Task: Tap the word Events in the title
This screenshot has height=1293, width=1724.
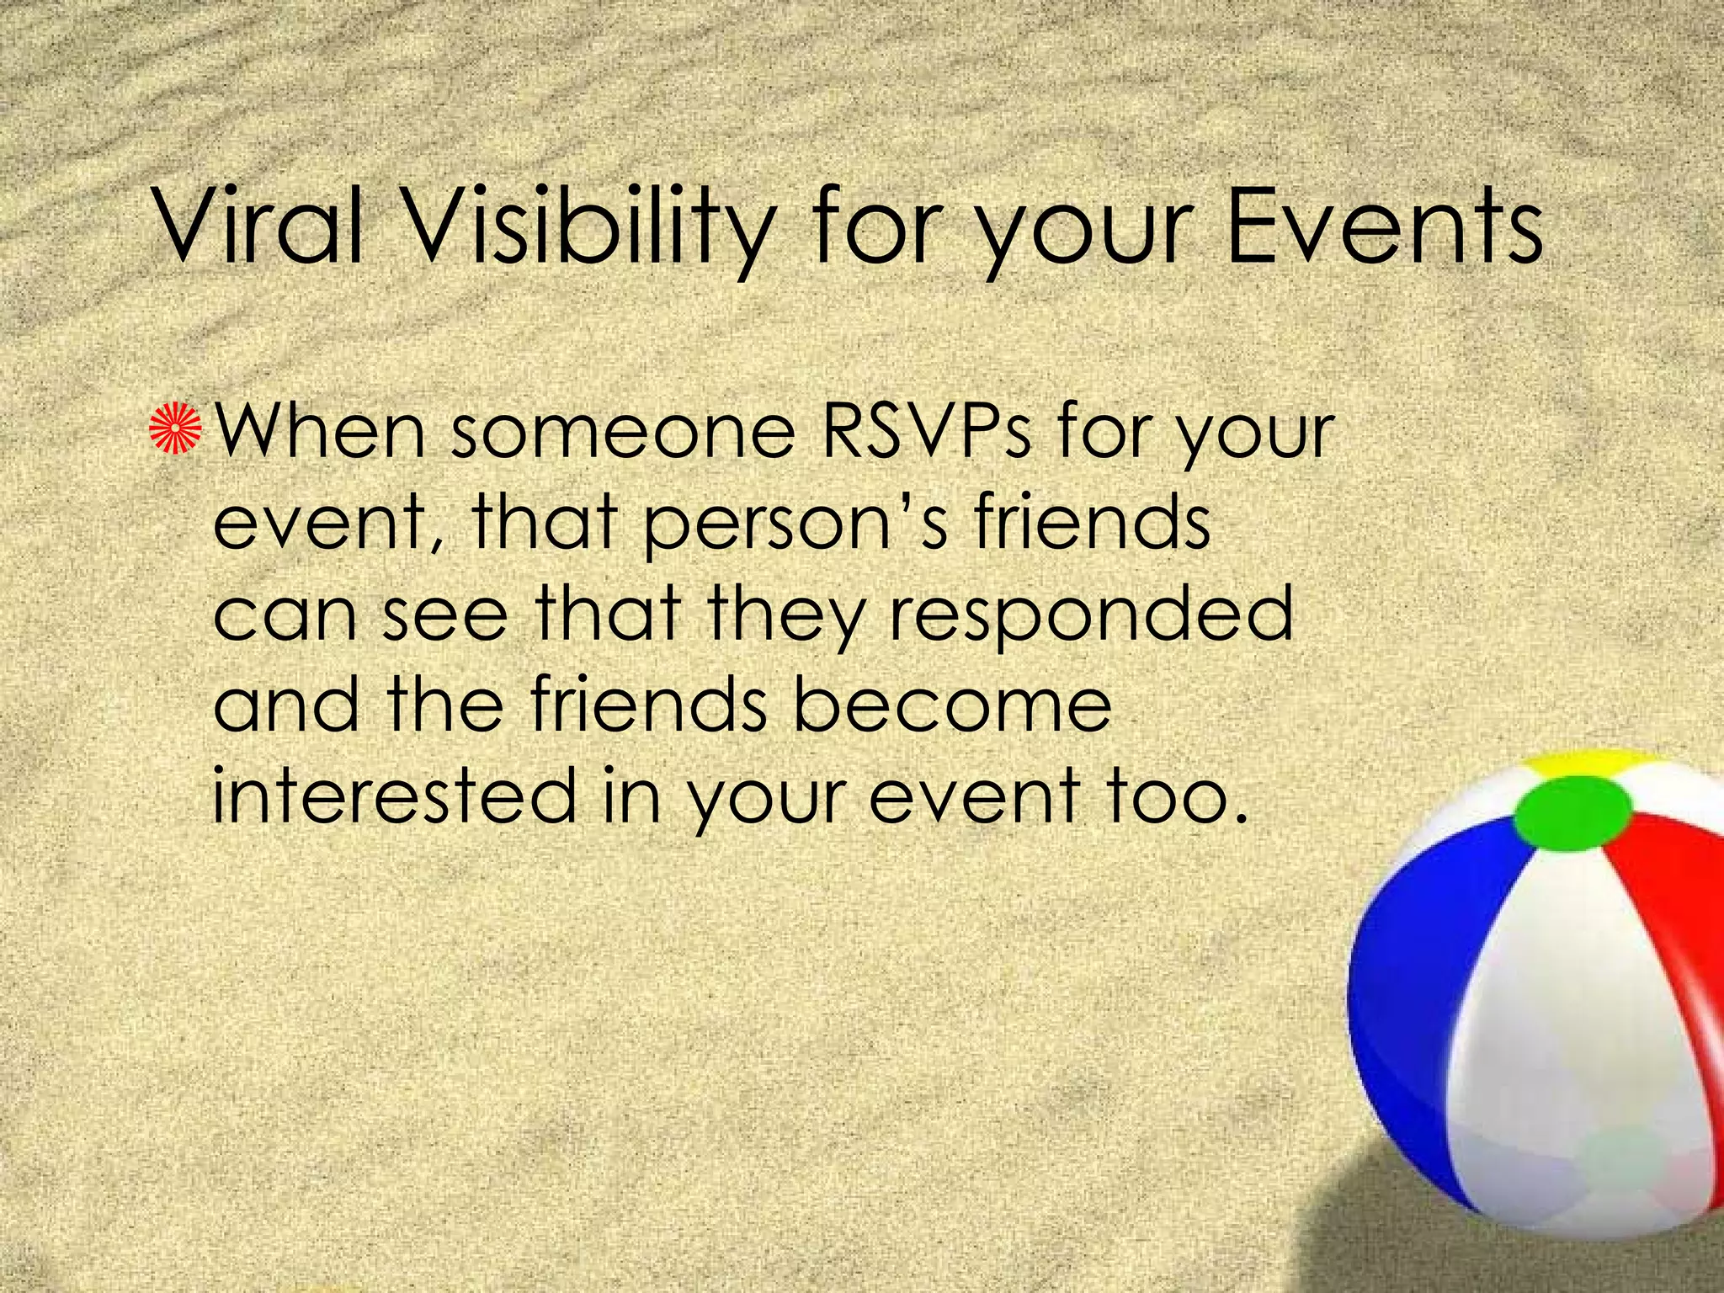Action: point(1384,227)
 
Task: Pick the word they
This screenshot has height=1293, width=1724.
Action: point(786,615)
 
